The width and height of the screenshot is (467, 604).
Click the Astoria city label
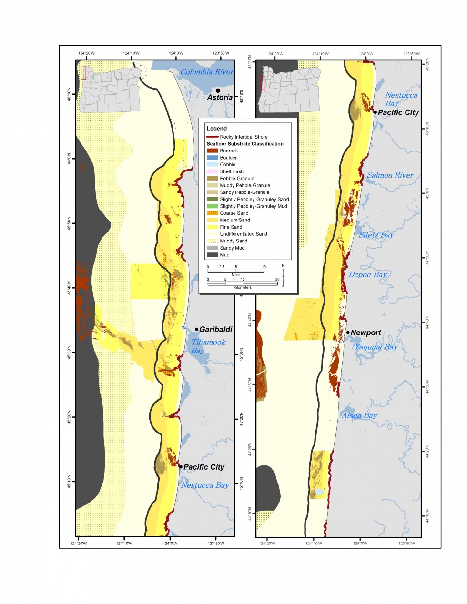(220, 97)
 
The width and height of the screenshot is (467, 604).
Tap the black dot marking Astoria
(218, 91)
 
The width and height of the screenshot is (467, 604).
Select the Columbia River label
(207, 72)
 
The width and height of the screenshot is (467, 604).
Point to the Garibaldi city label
(215, 329)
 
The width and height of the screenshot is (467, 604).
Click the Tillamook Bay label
(208, 346)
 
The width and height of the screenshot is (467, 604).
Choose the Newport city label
(365, 333)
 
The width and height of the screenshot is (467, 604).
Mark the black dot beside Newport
(348, 332)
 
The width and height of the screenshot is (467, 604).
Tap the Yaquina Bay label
(376, 347)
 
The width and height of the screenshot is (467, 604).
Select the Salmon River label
(390, 175)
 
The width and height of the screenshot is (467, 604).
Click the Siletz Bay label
(376, 235)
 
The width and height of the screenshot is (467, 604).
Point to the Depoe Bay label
(367, 274)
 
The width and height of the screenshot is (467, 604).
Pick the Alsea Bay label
(359, 415)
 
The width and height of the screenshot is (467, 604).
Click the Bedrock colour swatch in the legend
(213, 151)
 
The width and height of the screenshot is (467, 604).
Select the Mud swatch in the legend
(213, 255)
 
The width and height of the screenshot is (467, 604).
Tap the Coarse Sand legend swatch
(213, 213)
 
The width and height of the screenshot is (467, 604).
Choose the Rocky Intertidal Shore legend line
(213, 137)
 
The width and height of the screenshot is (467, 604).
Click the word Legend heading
(217, 129)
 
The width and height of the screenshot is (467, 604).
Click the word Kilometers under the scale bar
(243, 287)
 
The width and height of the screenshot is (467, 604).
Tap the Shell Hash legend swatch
(213, 171)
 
